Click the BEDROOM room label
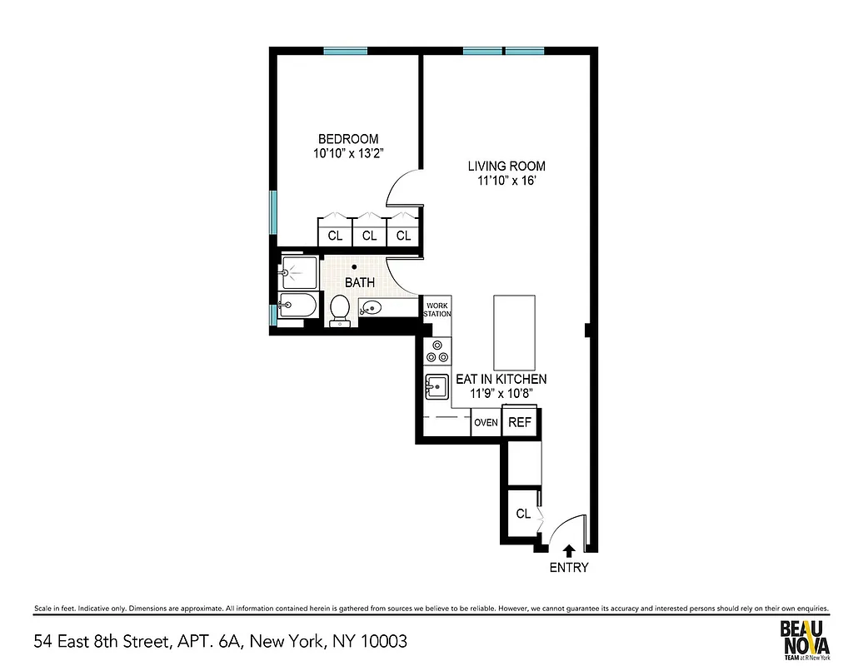[x=347, y=139]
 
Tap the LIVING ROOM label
[x=506, y=166]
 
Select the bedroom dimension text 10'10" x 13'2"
[x=347, y=153]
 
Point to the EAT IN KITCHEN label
[x=501, y=379]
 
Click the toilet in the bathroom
[x=340, y=310]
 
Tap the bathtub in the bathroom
[x=297, y=306]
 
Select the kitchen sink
[x=436, y=386]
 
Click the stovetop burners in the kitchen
[x=436, y=351]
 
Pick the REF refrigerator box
[x=519, y=422]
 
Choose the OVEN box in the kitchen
[x=486, y=422]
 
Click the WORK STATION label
[x=436, y=309]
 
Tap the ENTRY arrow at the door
[x=569, y=550]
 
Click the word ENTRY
[x=569, y=568]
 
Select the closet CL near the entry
[x=523, y=514]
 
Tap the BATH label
[x=360, y=282]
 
